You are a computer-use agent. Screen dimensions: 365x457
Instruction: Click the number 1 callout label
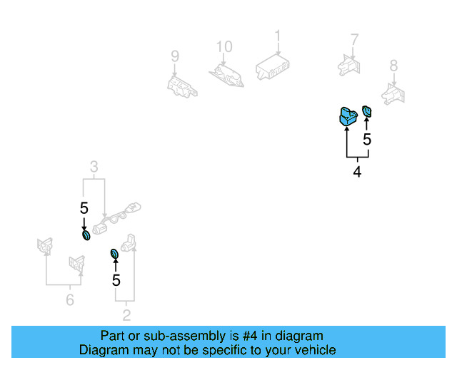[x=278, y=36]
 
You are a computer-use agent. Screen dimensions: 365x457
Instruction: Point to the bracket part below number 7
[x=349, y=64]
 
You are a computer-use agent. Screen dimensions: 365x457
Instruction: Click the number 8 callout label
[x=393, y=66]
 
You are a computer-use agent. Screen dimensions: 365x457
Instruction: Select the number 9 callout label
[x=174, y=56]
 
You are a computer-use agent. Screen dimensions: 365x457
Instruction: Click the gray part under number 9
[x=179, y=85]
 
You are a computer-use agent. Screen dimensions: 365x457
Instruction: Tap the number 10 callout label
[x=224, y=47]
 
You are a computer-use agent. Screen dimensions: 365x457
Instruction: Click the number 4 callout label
[x=357, y=172]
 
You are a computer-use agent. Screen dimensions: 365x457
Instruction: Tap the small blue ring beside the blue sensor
[x=367, y=111]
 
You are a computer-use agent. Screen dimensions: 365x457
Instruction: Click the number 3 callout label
[x=94, y=168]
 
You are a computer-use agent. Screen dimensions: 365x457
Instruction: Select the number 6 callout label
[x=69, y=300]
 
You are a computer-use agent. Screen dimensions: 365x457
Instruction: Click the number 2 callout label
[x=126, y=314]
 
